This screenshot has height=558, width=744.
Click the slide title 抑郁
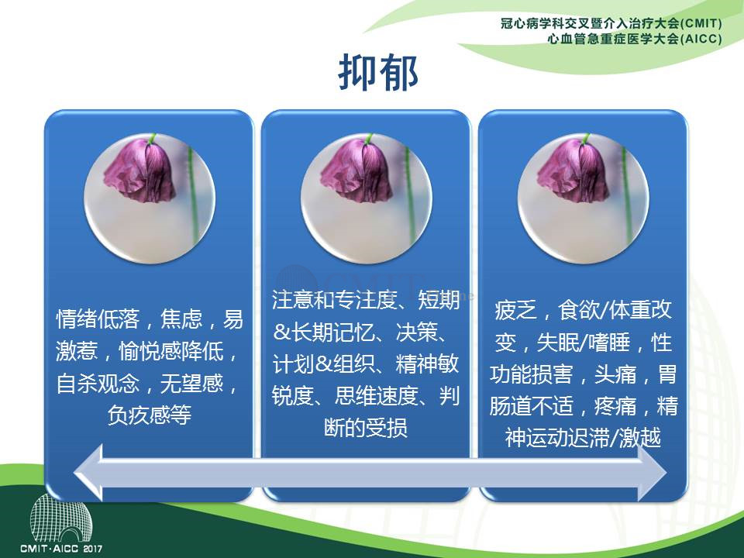[378, 72]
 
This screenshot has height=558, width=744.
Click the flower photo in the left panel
[150, 198]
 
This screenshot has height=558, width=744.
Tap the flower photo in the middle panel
[367, 198]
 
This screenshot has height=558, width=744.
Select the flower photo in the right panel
[583, 198]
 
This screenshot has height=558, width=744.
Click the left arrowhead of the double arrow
[88, 473]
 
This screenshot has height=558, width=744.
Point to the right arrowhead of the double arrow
[653, 473]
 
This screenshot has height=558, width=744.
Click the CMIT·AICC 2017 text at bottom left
[61, 549]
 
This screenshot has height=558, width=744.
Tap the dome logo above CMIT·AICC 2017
[61, 518]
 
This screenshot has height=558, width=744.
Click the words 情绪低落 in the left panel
[98, 319]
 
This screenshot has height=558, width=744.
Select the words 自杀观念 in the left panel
[98, 384]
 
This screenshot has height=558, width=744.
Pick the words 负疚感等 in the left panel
[150, 415]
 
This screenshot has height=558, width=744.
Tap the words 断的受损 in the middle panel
[365, 428]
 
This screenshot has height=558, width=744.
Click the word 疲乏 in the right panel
[515, 310]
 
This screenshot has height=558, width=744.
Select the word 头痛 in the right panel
[615, 374]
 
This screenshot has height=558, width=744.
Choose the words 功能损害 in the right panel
[532, 374]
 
